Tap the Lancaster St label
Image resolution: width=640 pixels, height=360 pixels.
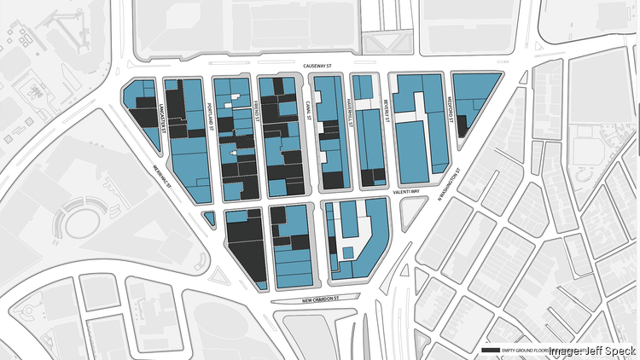click(x=161, y=109)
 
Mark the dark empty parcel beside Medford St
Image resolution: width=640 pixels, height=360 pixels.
click(x=462, y=125)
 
